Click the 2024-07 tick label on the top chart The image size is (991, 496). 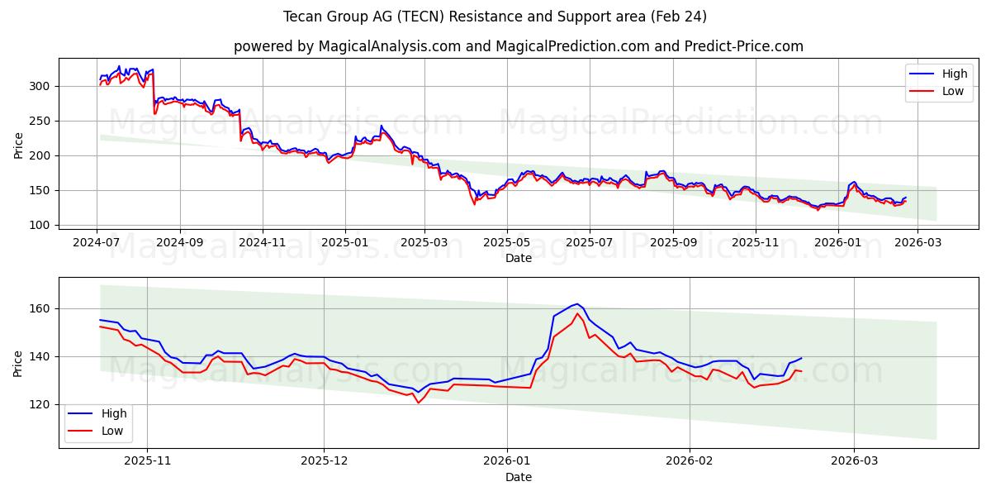(x=97, y=242)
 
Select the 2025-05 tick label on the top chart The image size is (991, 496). (x=506, y=242)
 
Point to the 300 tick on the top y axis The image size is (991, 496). (x=42, y=86)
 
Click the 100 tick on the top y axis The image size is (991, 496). (x=42, y=225)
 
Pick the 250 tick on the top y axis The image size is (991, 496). (x=42, y=121)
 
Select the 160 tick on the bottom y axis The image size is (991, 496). (x=42, y=308)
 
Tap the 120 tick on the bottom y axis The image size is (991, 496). (x=42, y=404)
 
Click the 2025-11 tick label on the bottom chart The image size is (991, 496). (x=147, y=461)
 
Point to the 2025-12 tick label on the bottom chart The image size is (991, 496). (x=324, y=461)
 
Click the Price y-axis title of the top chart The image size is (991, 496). (x=19, y=145)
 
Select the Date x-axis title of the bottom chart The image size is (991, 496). (x=519, y=477)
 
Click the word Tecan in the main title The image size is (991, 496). (x=302, y=17)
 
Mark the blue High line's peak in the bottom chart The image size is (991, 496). (x=578, y=303)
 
